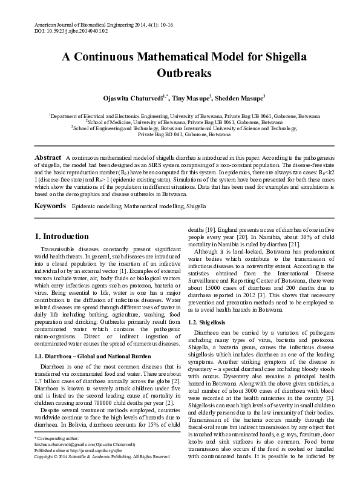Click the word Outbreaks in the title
[180, 74]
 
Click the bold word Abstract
[48, 157]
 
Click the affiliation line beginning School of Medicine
[180, 122]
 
